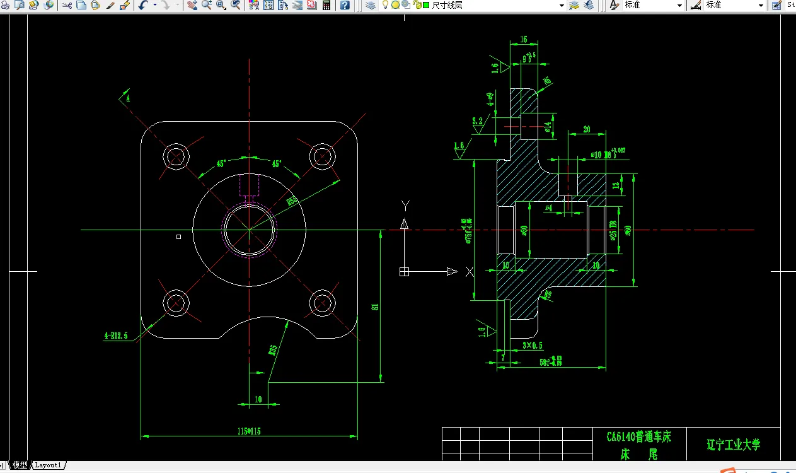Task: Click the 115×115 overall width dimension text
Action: click(x=250, y=431)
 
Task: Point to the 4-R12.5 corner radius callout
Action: click(x=116, y=336)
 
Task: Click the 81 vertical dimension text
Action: click(x=375, y=307)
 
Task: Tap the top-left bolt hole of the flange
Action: click(x=176, y=155)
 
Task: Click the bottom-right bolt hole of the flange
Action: click(x=322, y=302)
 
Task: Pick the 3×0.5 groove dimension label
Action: click(x=533, y=345)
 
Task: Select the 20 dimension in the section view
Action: click(x=586, y=129)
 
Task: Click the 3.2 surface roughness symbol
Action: click(x=477, y=121)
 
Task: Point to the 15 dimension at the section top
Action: click(x=524, y=40)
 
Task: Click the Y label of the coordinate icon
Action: click(x=405, y=205)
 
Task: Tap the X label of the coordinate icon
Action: click(x=469, y=272)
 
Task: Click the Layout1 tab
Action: click(x=48, y=465)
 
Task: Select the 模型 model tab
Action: click(x=20, y=465)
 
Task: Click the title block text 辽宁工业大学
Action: click(x=733, y=445)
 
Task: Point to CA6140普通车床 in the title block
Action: click(x=639, y=436)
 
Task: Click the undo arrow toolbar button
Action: click(x=142, y=5)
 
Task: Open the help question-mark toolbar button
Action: click(x=345, y=5)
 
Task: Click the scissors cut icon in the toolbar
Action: click(x=67, y=5)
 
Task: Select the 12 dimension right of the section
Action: click(x=616, y=185)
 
